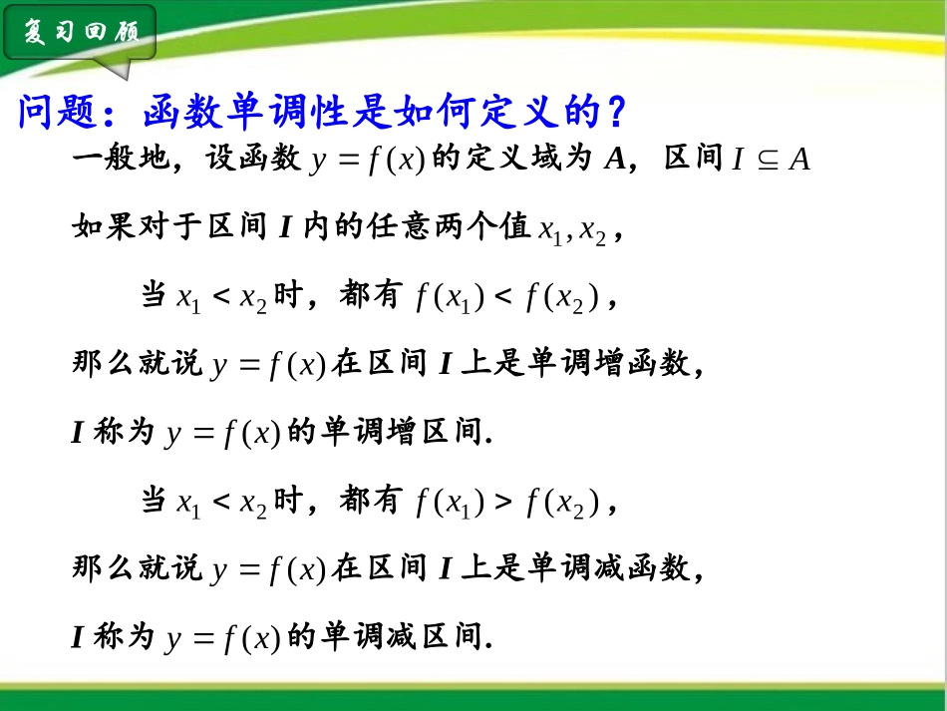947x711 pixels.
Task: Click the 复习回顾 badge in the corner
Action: (81, 33)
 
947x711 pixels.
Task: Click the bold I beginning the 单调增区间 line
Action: (78, 433)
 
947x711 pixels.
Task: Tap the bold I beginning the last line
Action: (78, 637)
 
